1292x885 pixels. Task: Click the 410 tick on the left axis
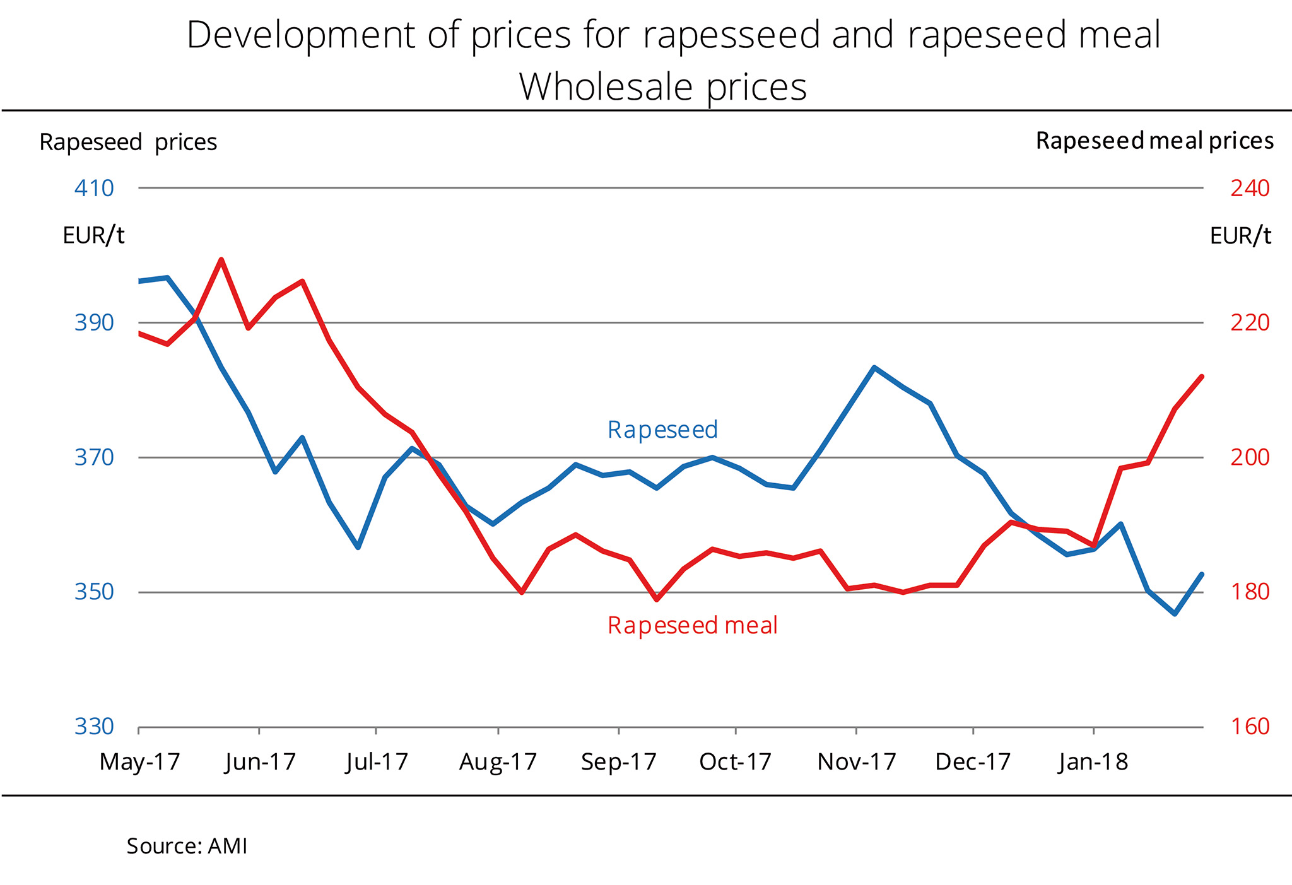tap(94, 188)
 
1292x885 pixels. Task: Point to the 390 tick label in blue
tap(94, 323)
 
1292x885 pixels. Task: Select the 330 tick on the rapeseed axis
tap(94, 727)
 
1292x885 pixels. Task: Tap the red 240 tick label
tap(1250, 188)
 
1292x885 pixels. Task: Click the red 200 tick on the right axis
tap(1250, 457)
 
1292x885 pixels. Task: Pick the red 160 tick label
tap(1250, 727)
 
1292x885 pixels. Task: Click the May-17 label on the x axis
tap(139, 762)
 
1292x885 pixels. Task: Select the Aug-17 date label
tap(498, 762)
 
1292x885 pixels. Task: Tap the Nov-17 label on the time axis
tap(856, 762)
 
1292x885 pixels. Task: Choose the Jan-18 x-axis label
tap(1093, 762)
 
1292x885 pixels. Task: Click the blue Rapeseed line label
tap(662, 430)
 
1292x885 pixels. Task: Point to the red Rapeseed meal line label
tap(692, 625)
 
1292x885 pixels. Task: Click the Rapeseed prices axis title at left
tap(128, 143)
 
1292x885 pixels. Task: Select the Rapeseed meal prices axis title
tap(1154, 141)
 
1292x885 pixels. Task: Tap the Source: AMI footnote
tap(187, 846)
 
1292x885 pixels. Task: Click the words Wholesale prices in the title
tap(662, 86)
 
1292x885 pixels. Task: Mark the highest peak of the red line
tap(221, 259)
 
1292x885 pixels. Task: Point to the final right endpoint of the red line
tap(1202, 377)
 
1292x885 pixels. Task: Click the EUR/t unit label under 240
tap(1240, 236)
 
